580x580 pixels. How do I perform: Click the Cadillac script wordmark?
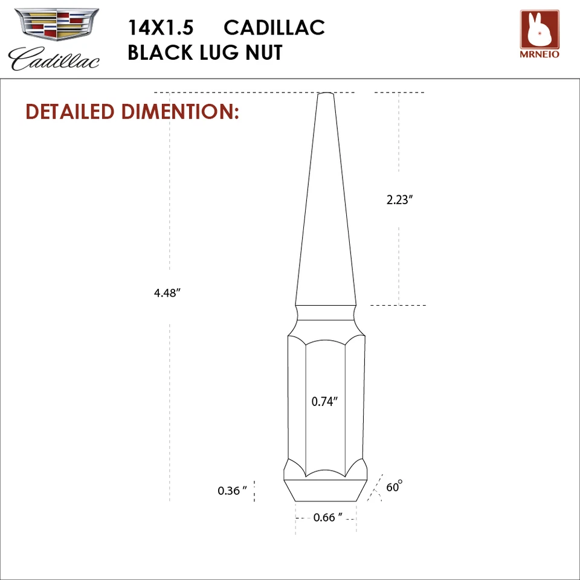(x=54, y=59)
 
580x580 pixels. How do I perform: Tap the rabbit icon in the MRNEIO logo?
(x=540, y=30)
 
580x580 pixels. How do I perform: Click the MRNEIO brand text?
(x=540, y=54)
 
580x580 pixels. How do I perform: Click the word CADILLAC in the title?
(x=274, y=27)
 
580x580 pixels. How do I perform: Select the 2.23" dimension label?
(x=399, y=200)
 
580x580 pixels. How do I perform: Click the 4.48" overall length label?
(x=168, y=293)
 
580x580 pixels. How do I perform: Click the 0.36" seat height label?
(x=233, y=491)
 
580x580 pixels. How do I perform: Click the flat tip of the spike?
(x=326, y=94)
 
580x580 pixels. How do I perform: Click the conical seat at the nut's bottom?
(x=326, y=491)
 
